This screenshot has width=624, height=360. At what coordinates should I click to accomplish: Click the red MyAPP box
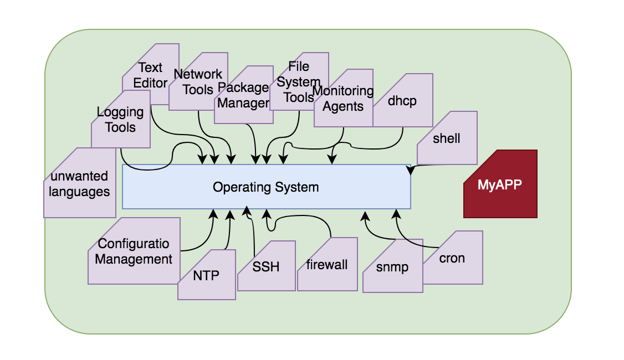coord(500,184)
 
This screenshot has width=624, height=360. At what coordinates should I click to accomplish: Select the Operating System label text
coord(265,187)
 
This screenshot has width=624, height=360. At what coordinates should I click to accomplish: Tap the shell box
coord(447,138)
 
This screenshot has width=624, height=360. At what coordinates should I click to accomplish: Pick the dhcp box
coord(402,102)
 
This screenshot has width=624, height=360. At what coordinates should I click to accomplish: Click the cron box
coord(452,258)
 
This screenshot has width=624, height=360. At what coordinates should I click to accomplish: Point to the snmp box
coord(392,267)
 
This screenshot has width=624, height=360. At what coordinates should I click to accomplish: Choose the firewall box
coord(328,265)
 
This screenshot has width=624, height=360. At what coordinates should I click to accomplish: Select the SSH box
coord(266,266)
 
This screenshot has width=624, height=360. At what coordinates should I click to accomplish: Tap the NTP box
coord(206,275)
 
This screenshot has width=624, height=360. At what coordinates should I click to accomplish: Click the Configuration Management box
coord(134,251)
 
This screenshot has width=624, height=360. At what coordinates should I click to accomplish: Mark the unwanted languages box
coord(79,184)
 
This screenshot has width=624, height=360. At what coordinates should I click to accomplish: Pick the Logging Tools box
coord(120,120)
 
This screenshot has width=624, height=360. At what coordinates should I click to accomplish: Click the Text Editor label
coord(150,75)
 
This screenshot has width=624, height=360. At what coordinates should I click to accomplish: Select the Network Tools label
coord(198,82)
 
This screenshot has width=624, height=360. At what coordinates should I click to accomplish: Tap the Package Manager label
coord(243,95)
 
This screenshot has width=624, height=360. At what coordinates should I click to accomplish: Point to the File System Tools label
coord(299,82)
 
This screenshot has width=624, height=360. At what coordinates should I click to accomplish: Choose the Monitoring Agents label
coord(343,99)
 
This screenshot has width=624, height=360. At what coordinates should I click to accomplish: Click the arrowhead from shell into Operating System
coord(410,171)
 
